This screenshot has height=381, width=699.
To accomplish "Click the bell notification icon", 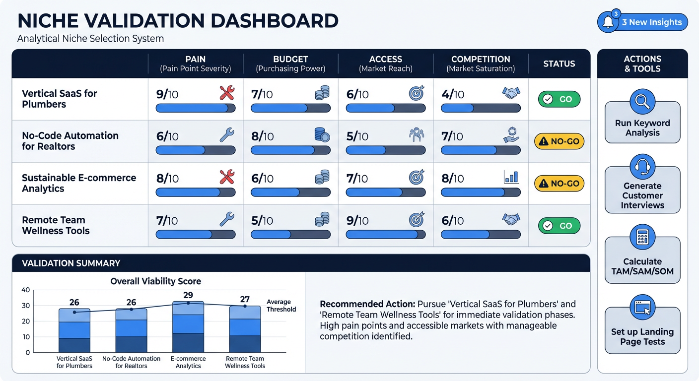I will tap(608, 22).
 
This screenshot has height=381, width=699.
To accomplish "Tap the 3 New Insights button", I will tap(651, 22).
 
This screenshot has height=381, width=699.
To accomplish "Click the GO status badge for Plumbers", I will tap(559, 99).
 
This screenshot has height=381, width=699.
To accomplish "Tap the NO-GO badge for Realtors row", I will tap(559, 141).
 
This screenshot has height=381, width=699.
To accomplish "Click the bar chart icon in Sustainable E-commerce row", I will tap(511, 177).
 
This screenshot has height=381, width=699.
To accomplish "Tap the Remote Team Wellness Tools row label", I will tap(56, 225).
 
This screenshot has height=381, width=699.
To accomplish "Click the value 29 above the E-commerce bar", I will tap(188, 295).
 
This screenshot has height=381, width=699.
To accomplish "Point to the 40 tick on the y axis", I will tap(26, 290).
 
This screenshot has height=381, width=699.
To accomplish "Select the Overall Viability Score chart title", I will tap(155, 281).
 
